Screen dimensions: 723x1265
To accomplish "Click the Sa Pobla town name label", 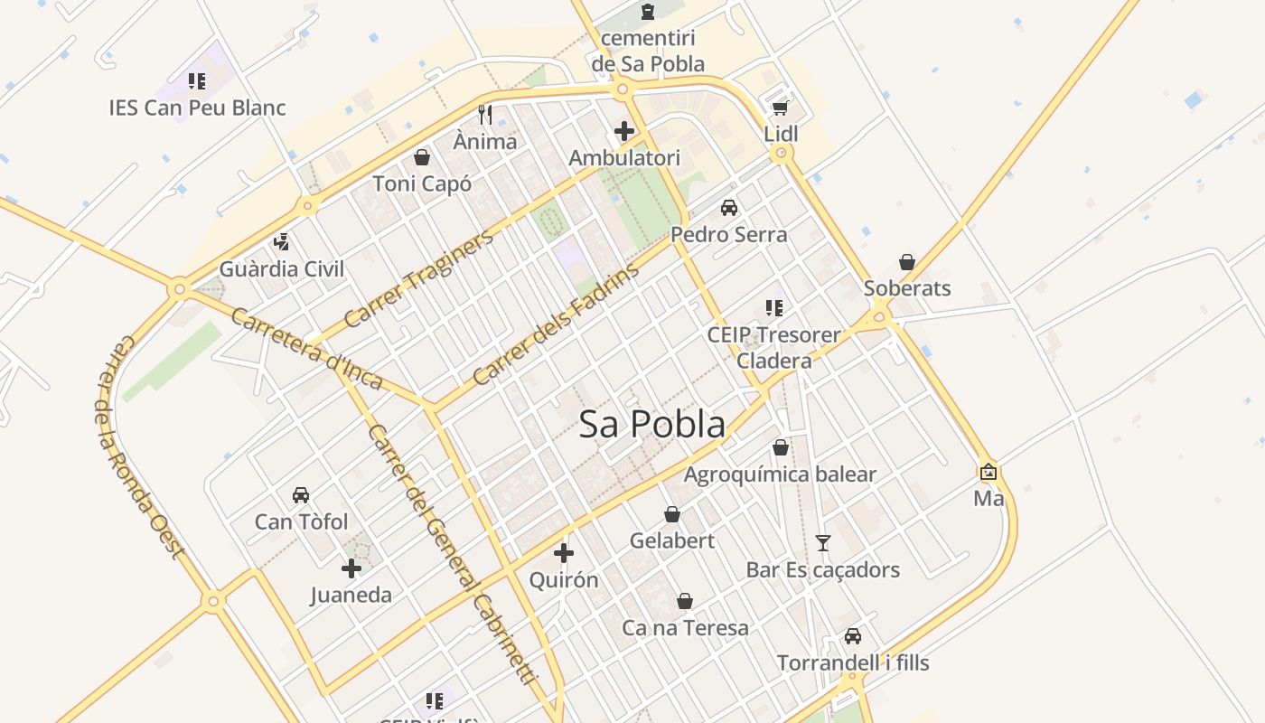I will pyautogui.click(x=651, y=424).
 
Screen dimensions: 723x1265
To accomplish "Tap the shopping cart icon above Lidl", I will pyautogui.click(x=780, y=108).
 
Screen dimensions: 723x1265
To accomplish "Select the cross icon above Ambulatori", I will pyautogui.click(x=623, y=131).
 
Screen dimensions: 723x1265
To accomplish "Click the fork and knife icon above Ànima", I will pyautogui.click(x=485, y=114).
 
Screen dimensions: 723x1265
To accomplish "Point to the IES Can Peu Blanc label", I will pyautogui.click(x=197, y=108).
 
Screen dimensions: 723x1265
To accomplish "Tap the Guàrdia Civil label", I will pyautogui.click(x=282, y=269).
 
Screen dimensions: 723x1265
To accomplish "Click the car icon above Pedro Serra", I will pyautogui.click(x=729, y=208).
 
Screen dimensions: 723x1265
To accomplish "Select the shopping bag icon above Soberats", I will pyautogui.click(x=907, y=262).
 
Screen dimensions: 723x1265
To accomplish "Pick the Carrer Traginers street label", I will pyautogui.click(x=419, y=278).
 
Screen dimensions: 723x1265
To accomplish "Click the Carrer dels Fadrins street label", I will pyautogui.click(x=555, y=324).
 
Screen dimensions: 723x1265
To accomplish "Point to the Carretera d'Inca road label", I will pyautogui.click(x=306, y=349).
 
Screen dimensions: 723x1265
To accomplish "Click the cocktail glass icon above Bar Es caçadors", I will pyautogui.click(x=822, y=543).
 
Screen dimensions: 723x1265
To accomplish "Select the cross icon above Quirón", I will pyautogui.click(x=564, y=553).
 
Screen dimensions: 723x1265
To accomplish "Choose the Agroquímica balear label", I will pyautogui.click(x=780, y=474).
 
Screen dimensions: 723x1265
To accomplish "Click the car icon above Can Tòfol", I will pyautogui.click(x=301, y=495).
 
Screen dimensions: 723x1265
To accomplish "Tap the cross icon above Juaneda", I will pyautogui.click(x=351, y=568).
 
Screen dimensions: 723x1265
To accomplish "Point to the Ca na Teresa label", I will pyautogui.click(x=685, y=628).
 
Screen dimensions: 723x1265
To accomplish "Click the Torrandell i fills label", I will pyautogui.click(x=853, y=663).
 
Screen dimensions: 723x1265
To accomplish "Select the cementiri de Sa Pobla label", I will pyautogui.click(x=648, y=52).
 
